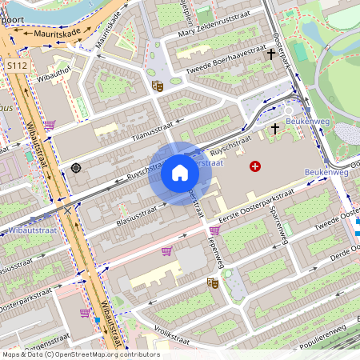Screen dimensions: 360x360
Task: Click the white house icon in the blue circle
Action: (x=180, y=173)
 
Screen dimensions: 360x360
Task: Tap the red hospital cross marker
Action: (x=255, y=166)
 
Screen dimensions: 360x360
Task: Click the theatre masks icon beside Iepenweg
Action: (x=213, y=282)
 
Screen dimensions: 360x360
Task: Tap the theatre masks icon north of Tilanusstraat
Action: (x=158, y=84)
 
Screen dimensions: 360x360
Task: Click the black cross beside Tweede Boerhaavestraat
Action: (x=271, y=55)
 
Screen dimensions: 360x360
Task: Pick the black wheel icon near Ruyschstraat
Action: (x=76, y=167)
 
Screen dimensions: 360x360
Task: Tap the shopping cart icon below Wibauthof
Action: (x=50, y=126)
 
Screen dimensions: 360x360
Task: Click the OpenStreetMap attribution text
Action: (x=80, y=354)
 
